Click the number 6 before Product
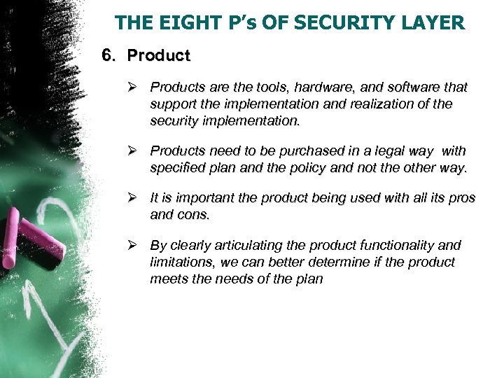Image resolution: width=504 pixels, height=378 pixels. point(107,55)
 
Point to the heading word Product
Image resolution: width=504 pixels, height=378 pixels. point(159,55)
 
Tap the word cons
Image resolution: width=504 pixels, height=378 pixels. point(193,216)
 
